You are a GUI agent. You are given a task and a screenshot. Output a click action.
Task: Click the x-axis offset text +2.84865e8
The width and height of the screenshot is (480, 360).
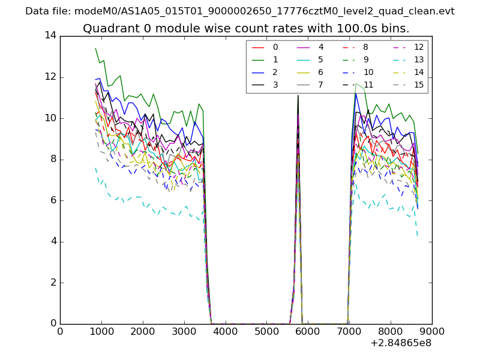[x=401, y=343]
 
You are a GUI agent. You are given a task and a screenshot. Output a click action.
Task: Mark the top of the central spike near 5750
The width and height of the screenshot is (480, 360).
[x=298, y=95]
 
